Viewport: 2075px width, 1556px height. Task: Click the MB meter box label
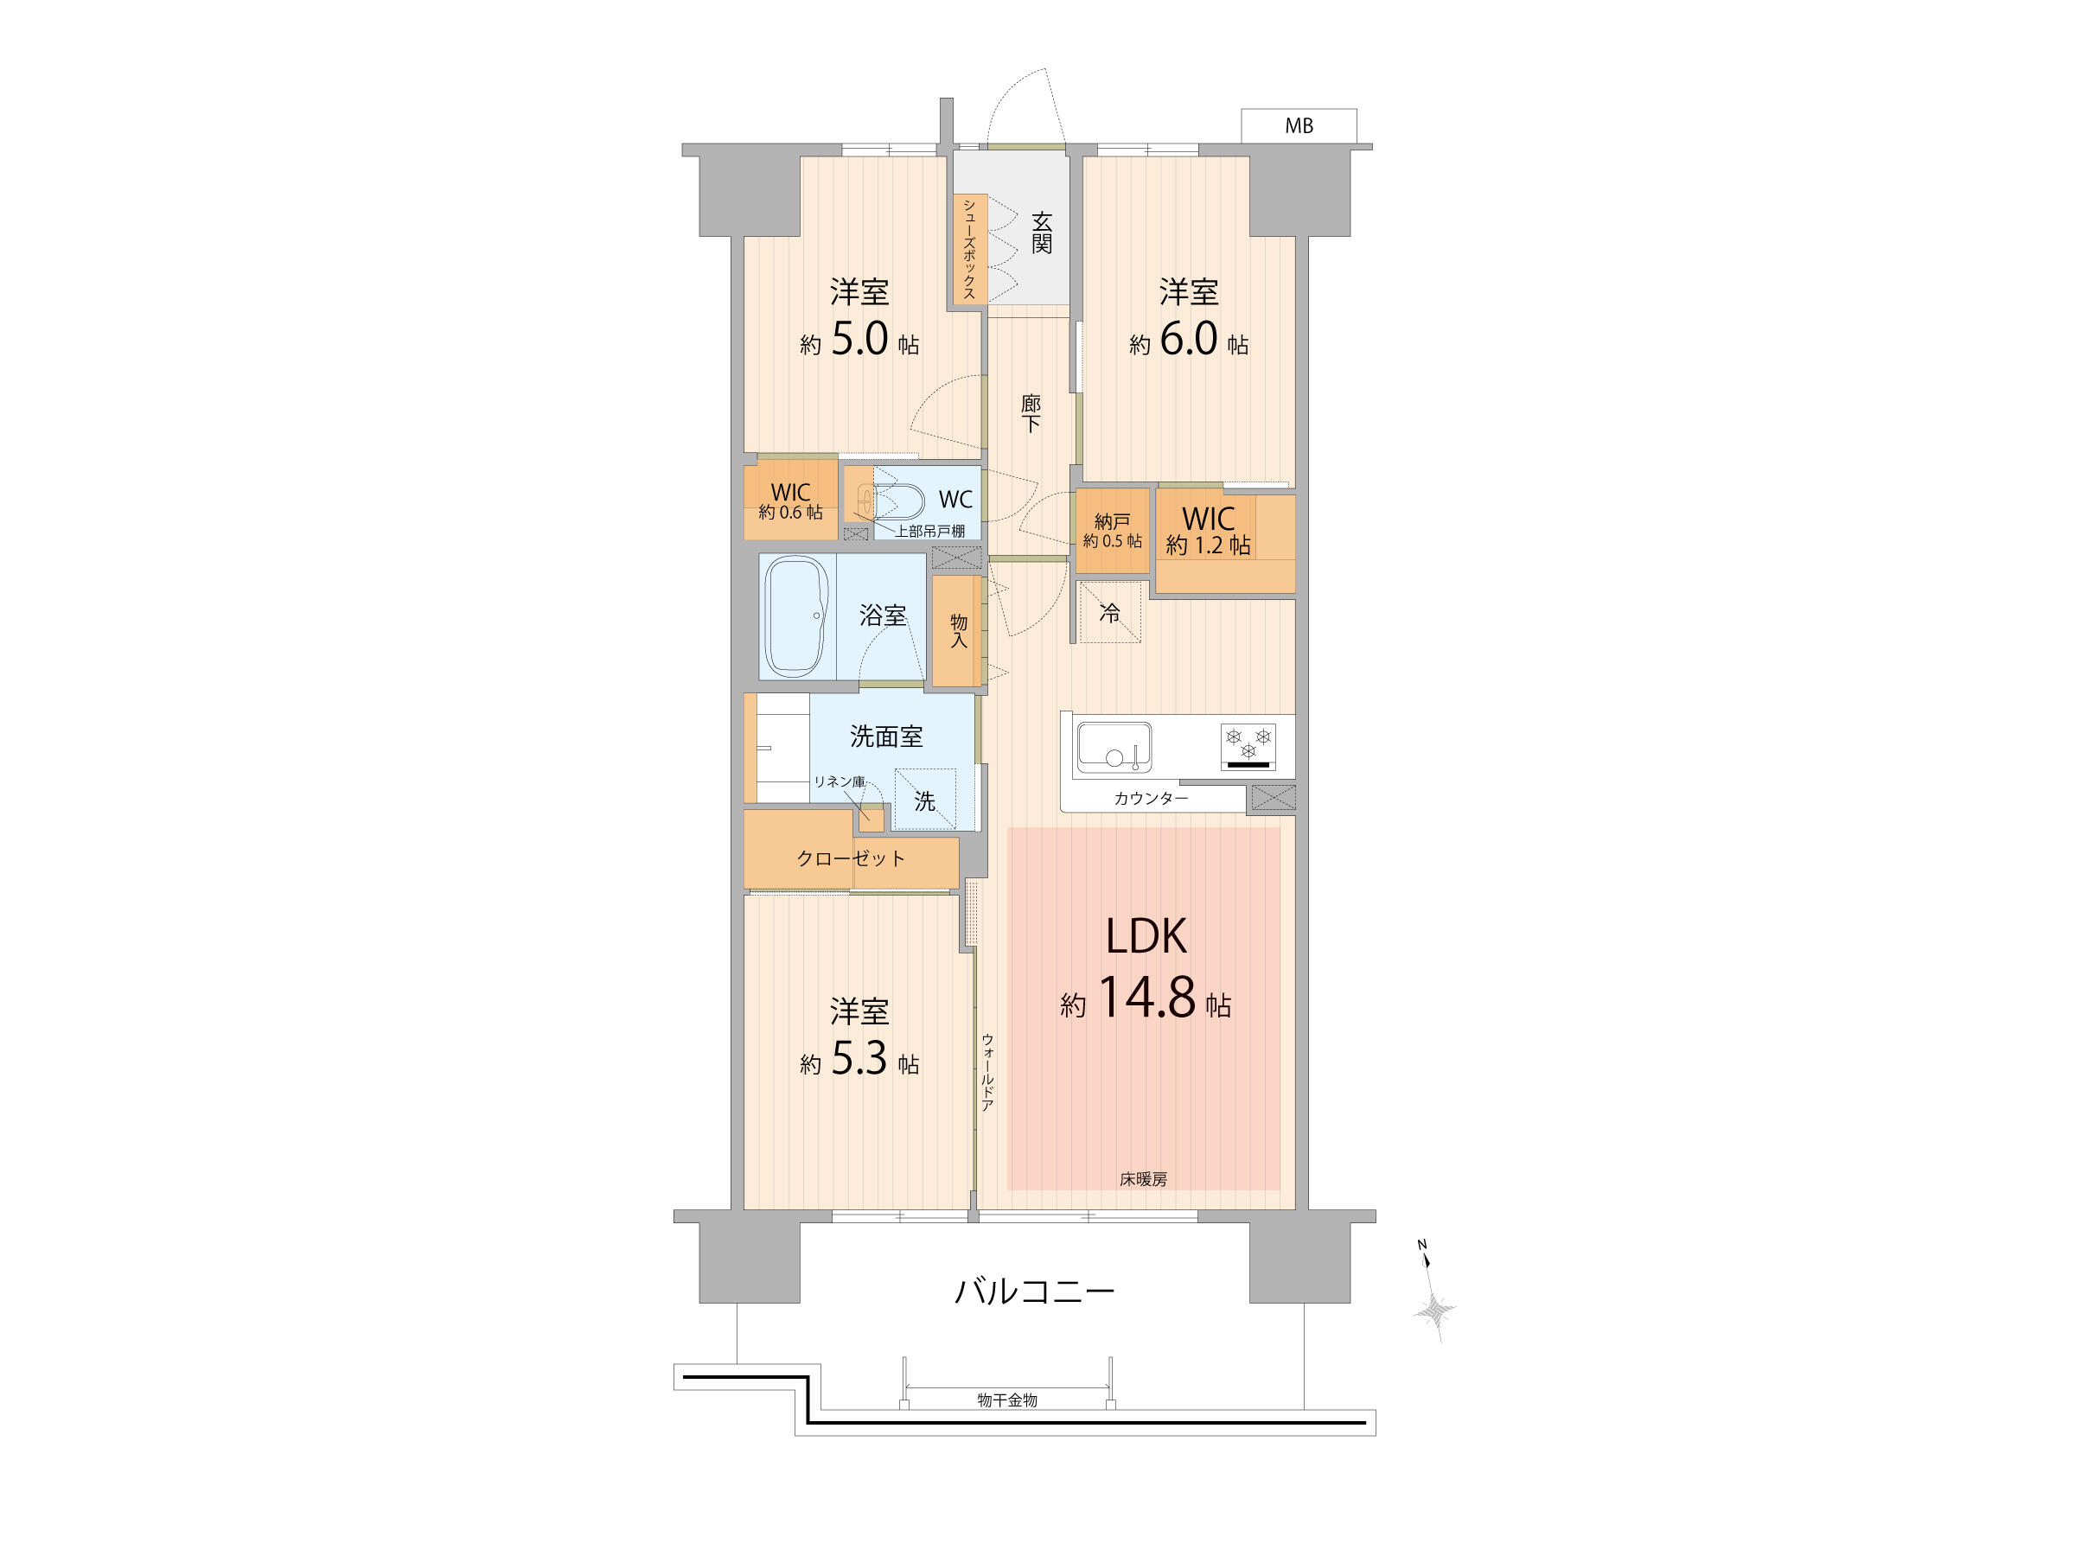(x=1299, y=125)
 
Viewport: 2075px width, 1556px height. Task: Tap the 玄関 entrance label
(x=1041, y=233)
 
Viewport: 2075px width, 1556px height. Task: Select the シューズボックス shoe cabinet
(x=969, y=249)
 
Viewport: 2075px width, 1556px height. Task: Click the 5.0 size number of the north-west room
(x=859, y=339)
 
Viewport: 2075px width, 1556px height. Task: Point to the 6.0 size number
(x=1189, y=339)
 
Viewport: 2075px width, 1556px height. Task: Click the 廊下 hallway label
(x=1030, y=413)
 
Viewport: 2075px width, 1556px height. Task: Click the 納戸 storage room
(x=1113, y=531)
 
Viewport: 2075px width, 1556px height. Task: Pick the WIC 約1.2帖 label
(x=1208, y=531)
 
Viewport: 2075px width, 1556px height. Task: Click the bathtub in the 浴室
(x=796, y=616)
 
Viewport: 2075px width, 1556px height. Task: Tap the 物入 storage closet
(x=957, y=631)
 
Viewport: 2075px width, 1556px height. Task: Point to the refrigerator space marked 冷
(x=1110, y=612)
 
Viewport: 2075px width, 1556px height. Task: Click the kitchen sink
(x=1114, y=747)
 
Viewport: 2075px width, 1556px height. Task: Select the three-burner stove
(x=1248, y=747)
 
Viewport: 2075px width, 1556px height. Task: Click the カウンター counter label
(x=1151, y=798)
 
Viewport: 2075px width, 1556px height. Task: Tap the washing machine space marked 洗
(x=925, y=799)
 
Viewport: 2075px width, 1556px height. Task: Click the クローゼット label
(x=851, y=858)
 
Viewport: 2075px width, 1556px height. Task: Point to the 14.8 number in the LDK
(x=1146, y=997)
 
